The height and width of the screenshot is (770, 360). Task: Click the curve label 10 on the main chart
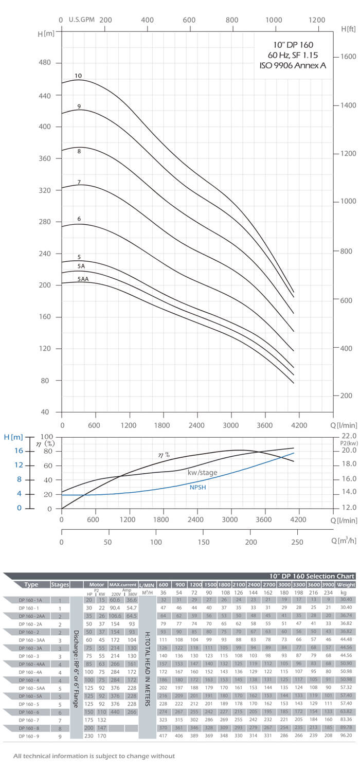coord(78,76)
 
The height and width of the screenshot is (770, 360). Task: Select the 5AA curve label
coord(83,279)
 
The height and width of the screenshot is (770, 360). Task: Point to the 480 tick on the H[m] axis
coord(45,63)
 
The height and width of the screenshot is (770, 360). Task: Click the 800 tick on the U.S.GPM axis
coord(231,20)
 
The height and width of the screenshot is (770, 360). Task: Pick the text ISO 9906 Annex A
coord(293,65)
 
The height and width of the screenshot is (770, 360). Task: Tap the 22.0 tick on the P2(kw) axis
coord(349,436)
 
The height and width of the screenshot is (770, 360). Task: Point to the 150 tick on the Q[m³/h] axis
coord(203,542)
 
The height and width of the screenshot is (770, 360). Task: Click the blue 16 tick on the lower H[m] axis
coord(19,451)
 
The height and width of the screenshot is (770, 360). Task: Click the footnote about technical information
coord(94,756)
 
